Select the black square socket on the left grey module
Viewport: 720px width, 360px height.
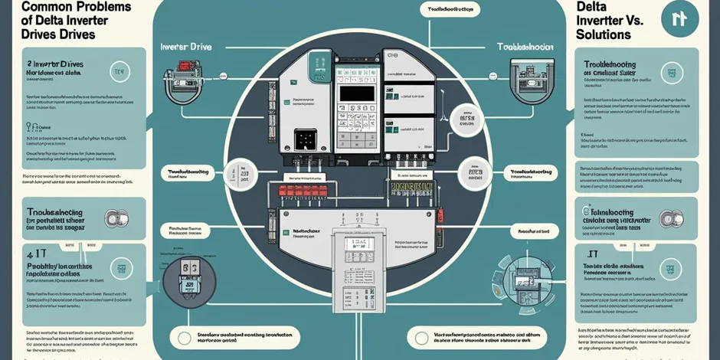click(306, 139)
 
